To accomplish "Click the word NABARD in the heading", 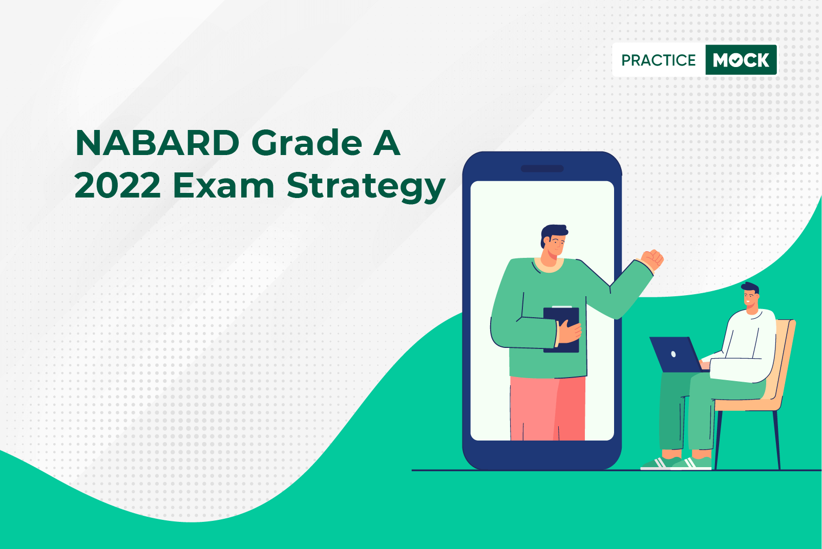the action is [157, 143].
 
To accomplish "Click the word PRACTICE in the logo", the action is [659, 60].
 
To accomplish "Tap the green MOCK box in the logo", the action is [741, 60].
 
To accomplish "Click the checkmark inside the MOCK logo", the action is [736, 60].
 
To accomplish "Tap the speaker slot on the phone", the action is [542, 168].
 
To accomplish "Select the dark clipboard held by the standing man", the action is [561, 330].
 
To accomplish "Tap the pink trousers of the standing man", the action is [547, 408].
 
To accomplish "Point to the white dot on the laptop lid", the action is [673, 354].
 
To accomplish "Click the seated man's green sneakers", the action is [677, 463].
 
